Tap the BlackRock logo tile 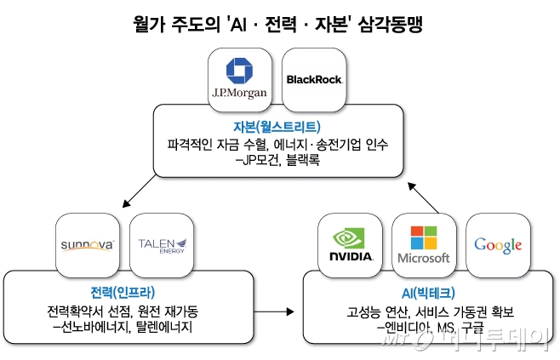(x=314, y=79)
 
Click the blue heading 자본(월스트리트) (x=279, y=127)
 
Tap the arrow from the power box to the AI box (x=273, y=311)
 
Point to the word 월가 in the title (x=151, y=24)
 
